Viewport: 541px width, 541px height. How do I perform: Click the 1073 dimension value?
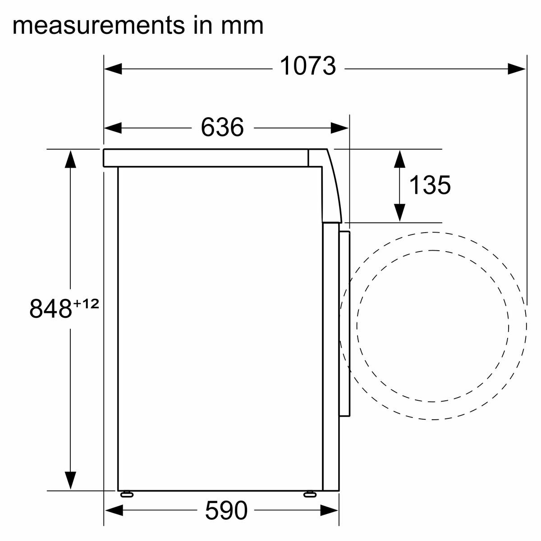[308, 66]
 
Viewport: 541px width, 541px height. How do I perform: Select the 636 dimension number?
[222, 127]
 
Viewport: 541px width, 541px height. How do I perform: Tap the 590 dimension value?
[226, 510]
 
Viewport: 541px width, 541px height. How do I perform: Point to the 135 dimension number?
[430, 185]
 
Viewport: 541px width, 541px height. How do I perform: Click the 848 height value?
[50, 308]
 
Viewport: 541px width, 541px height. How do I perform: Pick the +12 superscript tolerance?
[86, 304]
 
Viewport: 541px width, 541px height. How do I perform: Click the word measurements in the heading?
[99, 26]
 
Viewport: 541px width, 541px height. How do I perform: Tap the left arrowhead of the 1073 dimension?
[113, 69]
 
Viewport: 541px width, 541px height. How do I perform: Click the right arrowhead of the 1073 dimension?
[517, 69]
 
